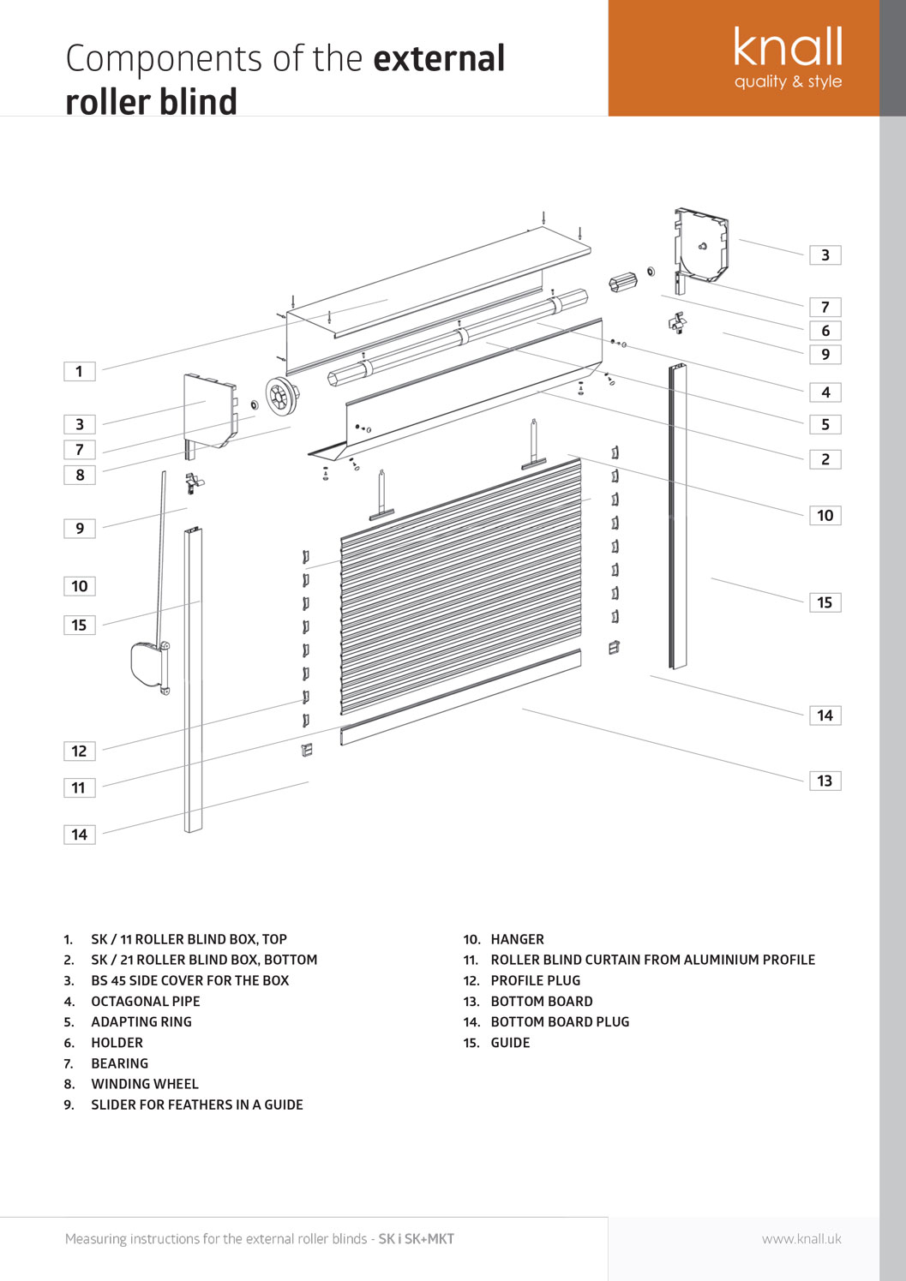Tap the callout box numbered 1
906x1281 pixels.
[80, 371]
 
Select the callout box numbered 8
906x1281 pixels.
[80, 475]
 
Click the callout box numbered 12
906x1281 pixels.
[80, 751]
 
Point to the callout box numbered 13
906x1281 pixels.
[825, 781]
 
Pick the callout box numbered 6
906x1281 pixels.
[825, 331]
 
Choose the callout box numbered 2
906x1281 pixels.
[825, 459]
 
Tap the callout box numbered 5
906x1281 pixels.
[825, 424]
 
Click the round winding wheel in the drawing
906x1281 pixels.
[280, 397]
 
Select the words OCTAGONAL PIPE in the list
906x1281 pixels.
[146, 1001]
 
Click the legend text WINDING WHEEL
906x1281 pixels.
[145, 1084]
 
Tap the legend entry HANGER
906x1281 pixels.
[517, 939]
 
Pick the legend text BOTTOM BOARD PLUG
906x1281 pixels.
[560, 1021]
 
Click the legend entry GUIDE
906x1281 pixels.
[510, 1043]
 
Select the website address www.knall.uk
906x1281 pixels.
[801, 1239]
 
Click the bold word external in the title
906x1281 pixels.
[439, 58]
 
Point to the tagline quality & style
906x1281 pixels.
[788, 81]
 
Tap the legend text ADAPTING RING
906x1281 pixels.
[141, 1021]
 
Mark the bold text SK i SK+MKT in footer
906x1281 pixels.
[417, 1239]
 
